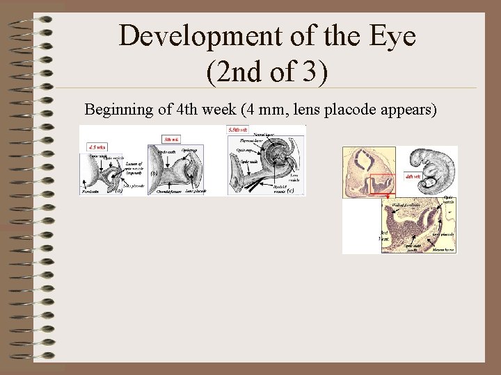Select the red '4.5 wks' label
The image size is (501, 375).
click(x=97, y=147)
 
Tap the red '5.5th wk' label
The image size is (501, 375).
click(x=238, y=130)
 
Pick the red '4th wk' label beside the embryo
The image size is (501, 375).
click(x=413, y=176)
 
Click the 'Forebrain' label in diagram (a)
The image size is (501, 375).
click(x=90, y=190)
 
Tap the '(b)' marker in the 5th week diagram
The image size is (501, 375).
click(x=154, y=173)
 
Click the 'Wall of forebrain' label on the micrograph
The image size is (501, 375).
click(x=406, y=204)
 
